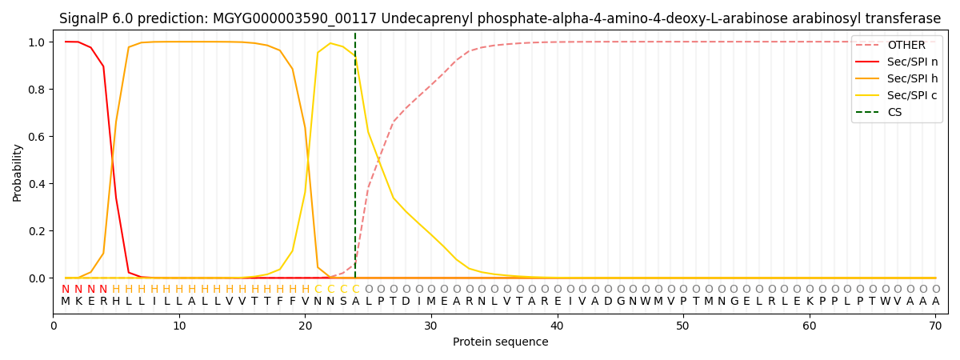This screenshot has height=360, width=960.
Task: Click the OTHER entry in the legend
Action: pyautogui.click(x=906, y=46)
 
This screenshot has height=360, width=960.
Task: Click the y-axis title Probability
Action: pyautogui.click(x=18, y=172)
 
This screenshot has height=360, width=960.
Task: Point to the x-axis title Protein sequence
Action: pyautogui.click(x=501, y=342)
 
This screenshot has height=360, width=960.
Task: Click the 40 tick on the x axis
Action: pyautogui.click(x=558, y=326)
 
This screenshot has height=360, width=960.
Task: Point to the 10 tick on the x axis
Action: pyautogui.click(x=179, y=326)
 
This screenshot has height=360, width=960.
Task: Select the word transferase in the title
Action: pyautogui.click(x=902, y=18)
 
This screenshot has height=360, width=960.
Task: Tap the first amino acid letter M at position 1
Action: pyautogui.click(x=66, y=302)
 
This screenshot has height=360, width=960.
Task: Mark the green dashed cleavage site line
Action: pyautogui.click(x=355, y=160)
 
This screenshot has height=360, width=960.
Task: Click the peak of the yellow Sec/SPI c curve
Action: pyautogui.click(x=330, y=43)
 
